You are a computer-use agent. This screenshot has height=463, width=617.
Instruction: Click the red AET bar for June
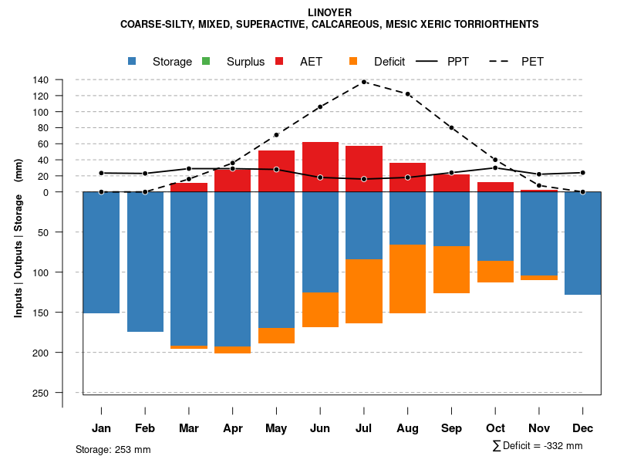tap(320, 167)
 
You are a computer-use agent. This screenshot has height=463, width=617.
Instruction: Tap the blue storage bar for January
tap(101, 252)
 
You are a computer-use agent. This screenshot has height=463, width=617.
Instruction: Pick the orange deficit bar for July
tap(364, 291)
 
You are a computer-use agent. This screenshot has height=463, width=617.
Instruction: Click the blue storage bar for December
tap(583, 243)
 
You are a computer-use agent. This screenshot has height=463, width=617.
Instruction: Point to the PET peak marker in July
tap(364, 82)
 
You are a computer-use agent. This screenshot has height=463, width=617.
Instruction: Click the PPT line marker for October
tap(495, 167)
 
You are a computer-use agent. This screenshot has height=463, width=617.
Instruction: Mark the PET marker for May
tap(276, 135)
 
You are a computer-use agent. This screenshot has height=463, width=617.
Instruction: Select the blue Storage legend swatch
tap(133, 61)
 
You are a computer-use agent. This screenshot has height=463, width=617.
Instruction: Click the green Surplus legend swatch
tap(206, 61)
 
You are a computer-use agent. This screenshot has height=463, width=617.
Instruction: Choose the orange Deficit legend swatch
tap(353, 61)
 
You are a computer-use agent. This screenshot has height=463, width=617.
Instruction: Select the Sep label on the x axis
tap(451, 428)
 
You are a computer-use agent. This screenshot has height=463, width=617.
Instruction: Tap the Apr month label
tap(232, 428)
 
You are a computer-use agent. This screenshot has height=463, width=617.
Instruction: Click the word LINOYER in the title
tap(329, 13)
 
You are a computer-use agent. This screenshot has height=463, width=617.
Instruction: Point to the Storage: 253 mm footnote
tap(113, 449)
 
